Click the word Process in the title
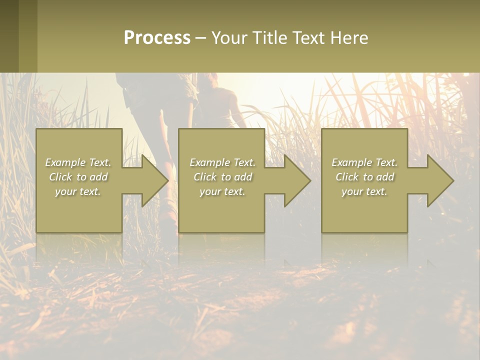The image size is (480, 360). pyautogui.click(x=157, y=38)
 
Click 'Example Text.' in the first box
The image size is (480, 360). pyautogui.click(x=78, y=162)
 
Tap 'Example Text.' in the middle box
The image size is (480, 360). pyautogui.click(x=222, y=162)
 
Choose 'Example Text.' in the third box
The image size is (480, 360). pyautogui.click(x=364, y=162)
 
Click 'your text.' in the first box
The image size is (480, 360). pyautogui.click(x=78, y=191)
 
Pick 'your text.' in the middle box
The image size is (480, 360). pyautogui.click(x=222, y=191)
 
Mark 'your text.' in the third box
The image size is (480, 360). pyautogui.click(x=364, y=191)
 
